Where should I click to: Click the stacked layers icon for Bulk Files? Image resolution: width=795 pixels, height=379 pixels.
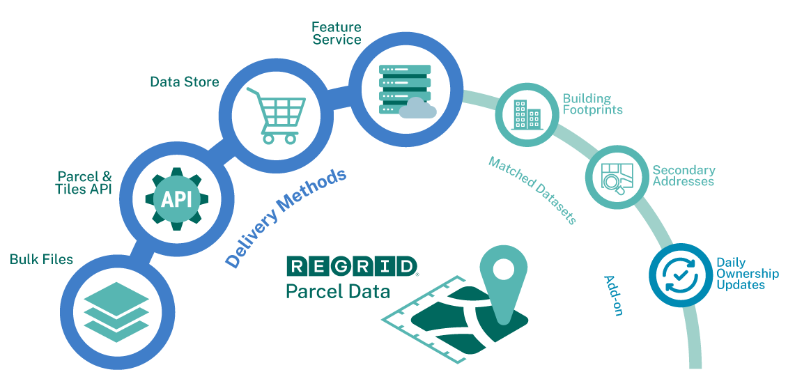click(116, 316)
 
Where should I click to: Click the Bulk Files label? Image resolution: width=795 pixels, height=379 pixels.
click(41, 260)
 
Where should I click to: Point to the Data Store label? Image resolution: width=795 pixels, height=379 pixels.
click(185, 82)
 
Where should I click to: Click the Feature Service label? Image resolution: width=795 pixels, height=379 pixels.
click(337, 33)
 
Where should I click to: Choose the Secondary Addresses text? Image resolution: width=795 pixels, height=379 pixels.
click(683, 176)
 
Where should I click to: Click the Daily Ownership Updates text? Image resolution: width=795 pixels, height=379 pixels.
click(747, 274)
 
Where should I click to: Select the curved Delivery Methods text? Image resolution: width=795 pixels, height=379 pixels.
click(286, 217)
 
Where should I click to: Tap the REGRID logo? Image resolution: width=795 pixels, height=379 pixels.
click(352, 265)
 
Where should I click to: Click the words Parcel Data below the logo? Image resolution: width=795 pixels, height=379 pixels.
click(337, 291)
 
